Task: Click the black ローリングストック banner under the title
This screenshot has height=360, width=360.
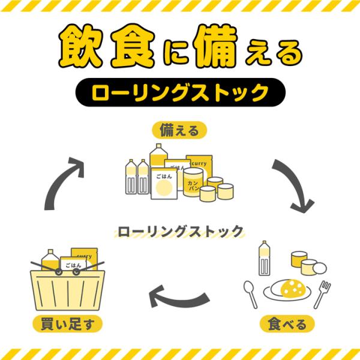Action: pos(180,92)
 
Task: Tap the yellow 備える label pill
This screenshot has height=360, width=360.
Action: pos(179,130)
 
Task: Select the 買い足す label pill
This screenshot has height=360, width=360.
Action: pos(67,324)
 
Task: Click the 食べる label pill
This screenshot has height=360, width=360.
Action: pos(287,324)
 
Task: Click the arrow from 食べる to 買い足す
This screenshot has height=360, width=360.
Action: pos(179,298)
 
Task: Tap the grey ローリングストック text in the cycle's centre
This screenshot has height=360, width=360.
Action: pos(180,232)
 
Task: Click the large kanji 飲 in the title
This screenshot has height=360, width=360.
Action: pos(81,46)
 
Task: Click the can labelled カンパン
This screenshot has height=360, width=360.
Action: pos(193,182)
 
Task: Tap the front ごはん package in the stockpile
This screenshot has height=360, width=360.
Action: pos(164,184)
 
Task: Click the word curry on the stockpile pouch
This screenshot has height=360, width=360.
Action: pos(199,164)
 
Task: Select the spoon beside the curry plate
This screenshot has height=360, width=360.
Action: pos(250,294)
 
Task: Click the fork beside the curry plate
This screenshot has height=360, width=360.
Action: pos(322,295)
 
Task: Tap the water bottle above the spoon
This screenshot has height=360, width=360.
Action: pos(264,258)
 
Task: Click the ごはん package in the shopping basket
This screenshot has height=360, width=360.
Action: pos(73,263)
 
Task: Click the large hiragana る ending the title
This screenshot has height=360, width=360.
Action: pos(290,53)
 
